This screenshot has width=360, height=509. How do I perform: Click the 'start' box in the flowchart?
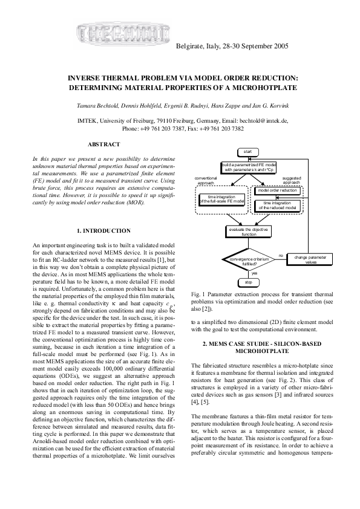pyautogui.click(x=247, y=151)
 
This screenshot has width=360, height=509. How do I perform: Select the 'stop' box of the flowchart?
pyautogui.click(x=247, y=282)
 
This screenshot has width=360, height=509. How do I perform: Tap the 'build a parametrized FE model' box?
pyautogui.click(x=248, y=167)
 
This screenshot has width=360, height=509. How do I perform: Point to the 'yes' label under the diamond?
pyautogui.click(x=254, y=273)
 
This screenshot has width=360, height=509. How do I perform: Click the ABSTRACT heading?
pyautogui.click(x=103, y=144)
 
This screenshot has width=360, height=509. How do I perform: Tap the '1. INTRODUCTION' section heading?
pyautogui.click(x=104, y=231)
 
